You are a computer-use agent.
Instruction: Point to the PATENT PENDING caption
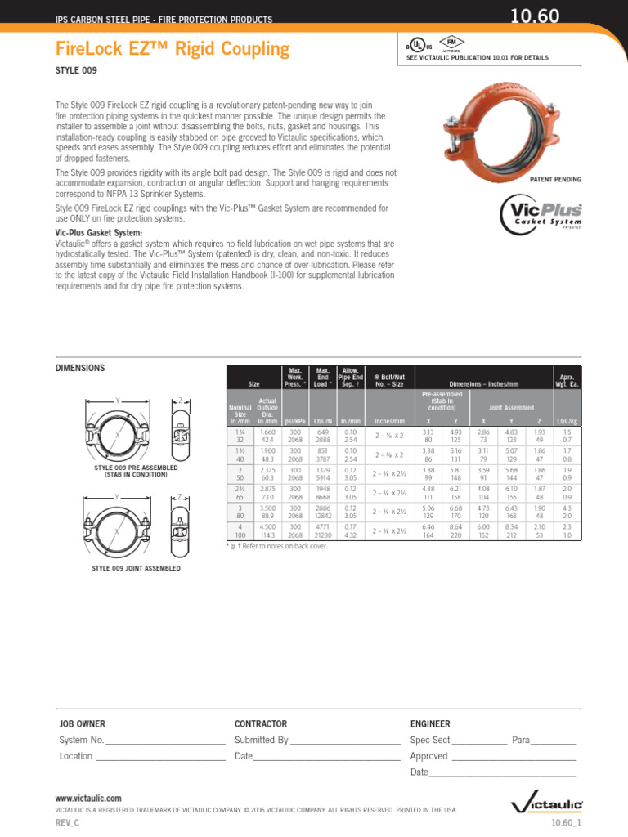tap(555, 179)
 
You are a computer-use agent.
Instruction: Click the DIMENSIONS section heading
tap(79, 369)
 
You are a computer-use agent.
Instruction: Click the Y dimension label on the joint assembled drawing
tap(118, 497)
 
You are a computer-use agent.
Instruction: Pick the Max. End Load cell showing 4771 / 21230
tap(322, 530)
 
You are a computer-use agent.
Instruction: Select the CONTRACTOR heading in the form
tap(260, 723)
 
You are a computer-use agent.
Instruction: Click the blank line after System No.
tap(165, 741)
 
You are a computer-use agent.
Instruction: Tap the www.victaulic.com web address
tap(88, 798)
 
